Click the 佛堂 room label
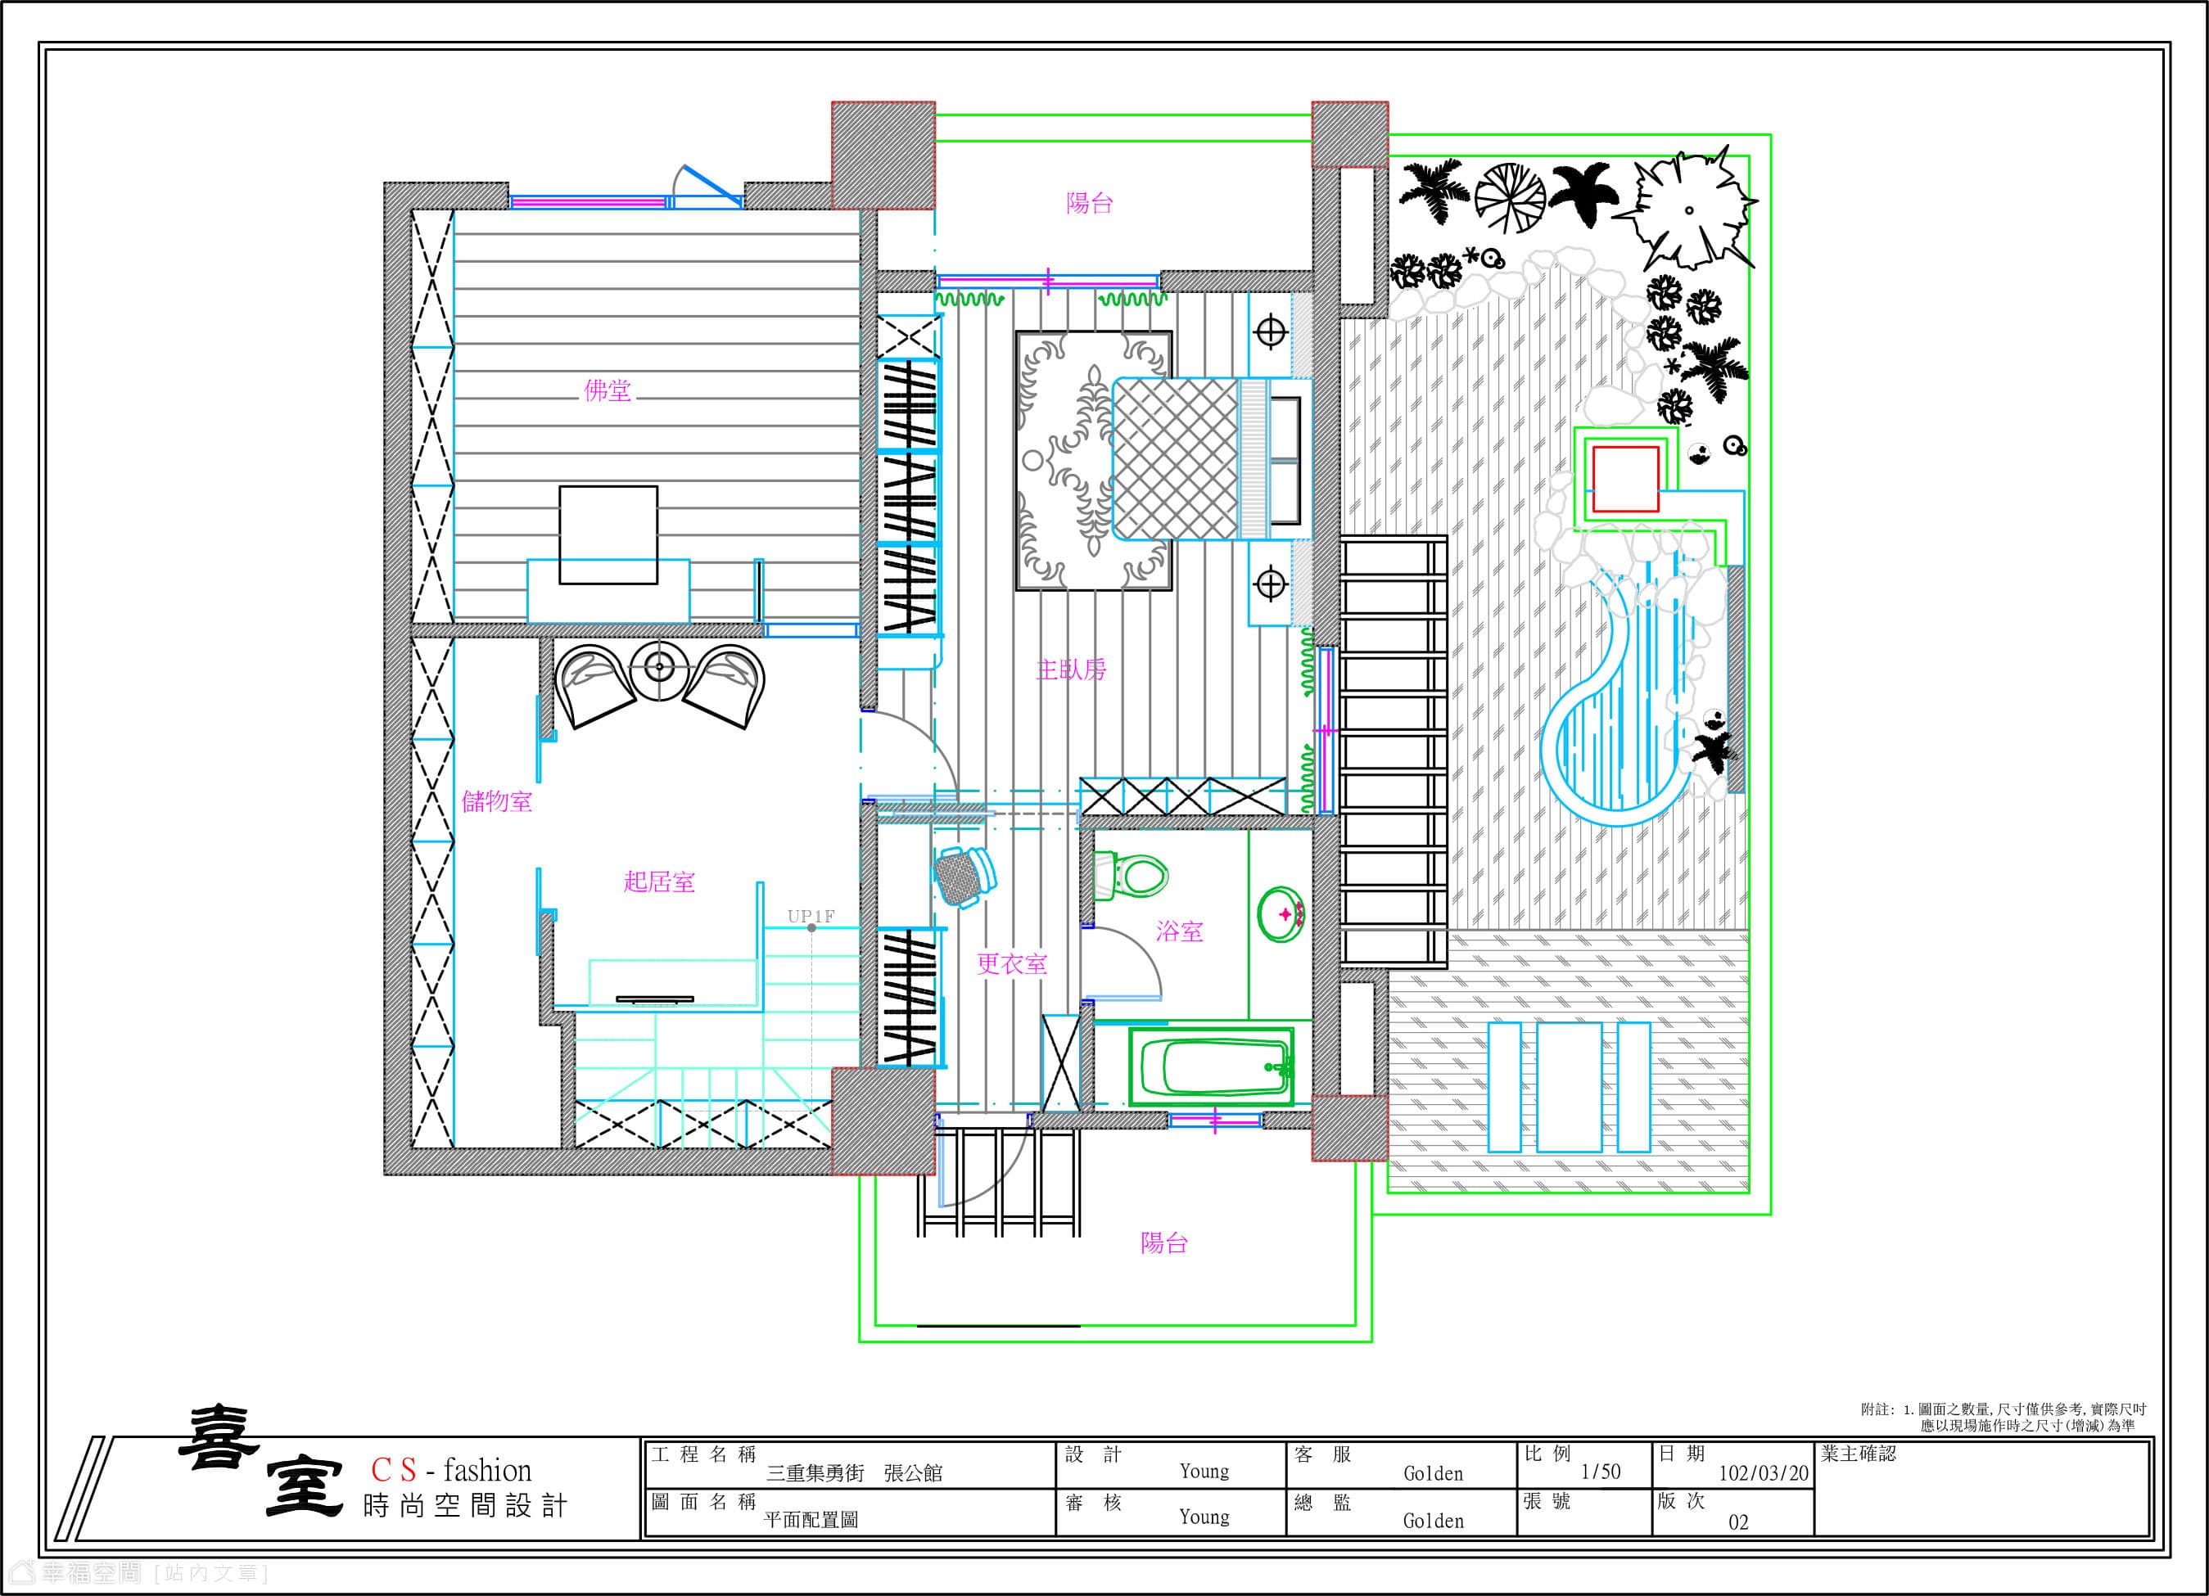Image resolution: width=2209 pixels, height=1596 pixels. coord(608,390)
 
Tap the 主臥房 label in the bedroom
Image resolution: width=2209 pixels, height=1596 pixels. coord(1072,670)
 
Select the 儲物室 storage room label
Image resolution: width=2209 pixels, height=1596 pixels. coord(497,801)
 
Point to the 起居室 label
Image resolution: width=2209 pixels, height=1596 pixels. coord(659,882)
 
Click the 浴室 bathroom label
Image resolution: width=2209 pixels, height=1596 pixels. coord(1180,932)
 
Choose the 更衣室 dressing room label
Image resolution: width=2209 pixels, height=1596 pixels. coord(1013,964)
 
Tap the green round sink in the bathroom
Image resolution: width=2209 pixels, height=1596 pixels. coord(1280,914)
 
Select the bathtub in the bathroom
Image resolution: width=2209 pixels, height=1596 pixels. coord(1213,1066)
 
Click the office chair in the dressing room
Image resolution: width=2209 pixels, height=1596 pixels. coord(964,877)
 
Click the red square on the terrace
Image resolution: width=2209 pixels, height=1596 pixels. coord(1625,479)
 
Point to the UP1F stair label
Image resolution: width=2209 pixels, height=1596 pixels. coord(811,917)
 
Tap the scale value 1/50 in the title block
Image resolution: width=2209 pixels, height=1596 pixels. coord(1601,1472)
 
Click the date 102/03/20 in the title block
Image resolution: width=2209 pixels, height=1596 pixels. coord(1764,1472)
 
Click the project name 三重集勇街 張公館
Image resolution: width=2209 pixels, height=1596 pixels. coord(854,1473)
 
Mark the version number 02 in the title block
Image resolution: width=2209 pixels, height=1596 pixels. coord(1738,1522)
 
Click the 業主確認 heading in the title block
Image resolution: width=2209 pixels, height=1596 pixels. coord(1859,1454)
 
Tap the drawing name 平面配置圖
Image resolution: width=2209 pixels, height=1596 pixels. coord(811,1520)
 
